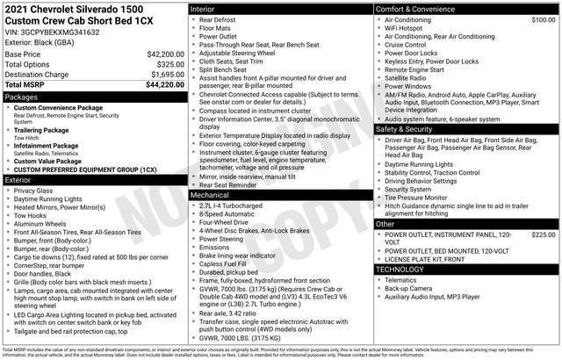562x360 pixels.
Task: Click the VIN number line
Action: [52, 32]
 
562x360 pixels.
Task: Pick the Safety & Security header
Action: [410, 128]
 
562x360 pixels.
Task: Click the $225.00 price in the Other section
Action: [544, 235]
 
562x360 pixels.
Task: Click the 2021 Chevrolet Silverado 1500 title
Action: [69, 8]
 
